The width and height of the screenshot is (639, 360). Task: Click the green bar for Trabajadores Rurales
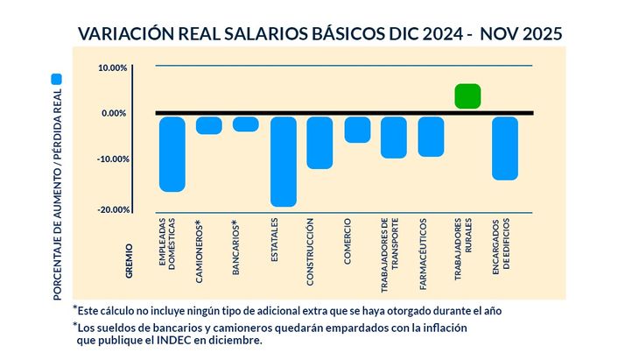468,96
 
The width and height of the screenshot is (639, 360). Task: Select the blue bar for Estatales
283,161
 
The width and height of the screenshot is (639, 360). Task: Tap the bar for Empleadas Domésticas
172,153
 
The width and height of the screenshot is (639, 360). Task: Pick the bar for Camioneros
208,125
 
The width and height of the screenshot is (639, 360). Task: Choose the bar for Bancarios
246,124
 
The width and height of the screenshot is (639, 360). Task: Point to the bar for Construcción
319,142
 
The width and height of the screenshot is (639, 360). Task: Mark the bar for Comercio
357,129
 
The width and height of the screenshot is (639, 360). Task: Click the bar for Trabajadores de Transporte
394,137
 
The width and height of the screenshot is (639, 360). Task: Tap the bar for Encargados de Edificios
505,148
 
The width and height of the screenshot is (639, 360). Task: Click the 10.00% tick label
113,67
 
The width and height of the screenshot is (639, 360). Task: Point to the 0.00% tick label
115,113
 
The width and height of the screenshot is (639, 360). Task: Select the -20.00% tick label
112,209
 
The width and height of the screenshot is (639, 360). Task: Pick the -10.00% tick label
112,159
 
